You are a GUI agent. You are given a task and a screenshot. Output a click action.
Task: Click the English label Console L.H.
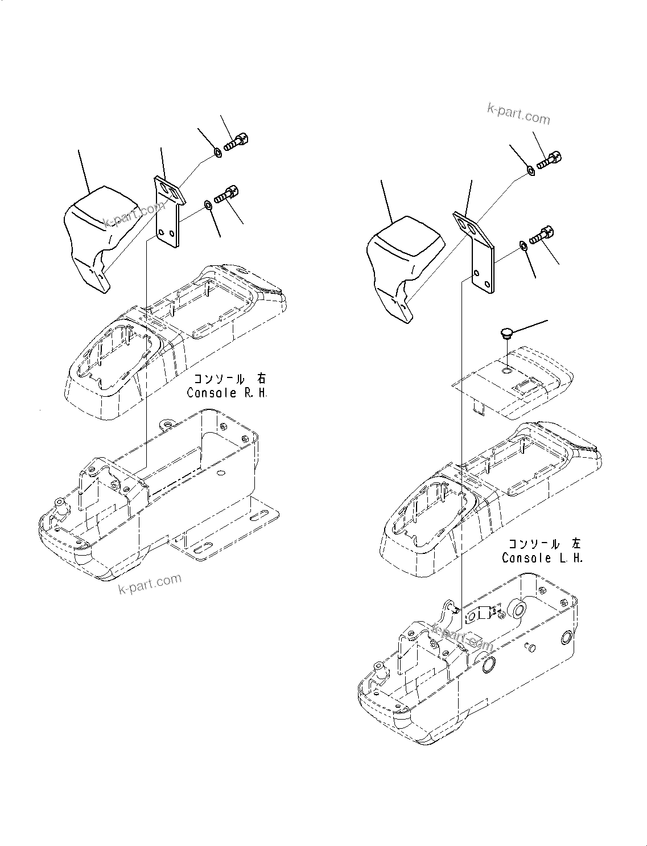(x=542, y=558)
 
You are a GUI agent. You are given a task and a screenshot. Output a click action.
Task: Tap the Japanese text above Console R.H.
(x=229, y=379)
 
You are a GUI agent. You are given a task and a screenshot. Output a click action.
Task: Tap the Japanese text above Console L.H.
(x=545, y=544)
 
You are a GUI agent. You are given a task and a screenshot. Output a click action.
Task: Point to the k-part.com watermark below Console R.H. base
(x=150, y=584)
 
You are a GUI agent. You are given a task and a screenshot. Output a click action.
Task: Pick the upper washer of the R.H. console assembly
(x=217, y=153)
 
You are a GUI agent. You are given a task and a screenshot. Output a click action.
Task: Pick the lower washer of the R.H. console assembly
(x=208, y=204)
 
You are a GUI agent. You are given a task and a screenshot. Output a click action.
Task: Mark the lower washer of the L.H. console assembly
(x=522, y=245)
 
